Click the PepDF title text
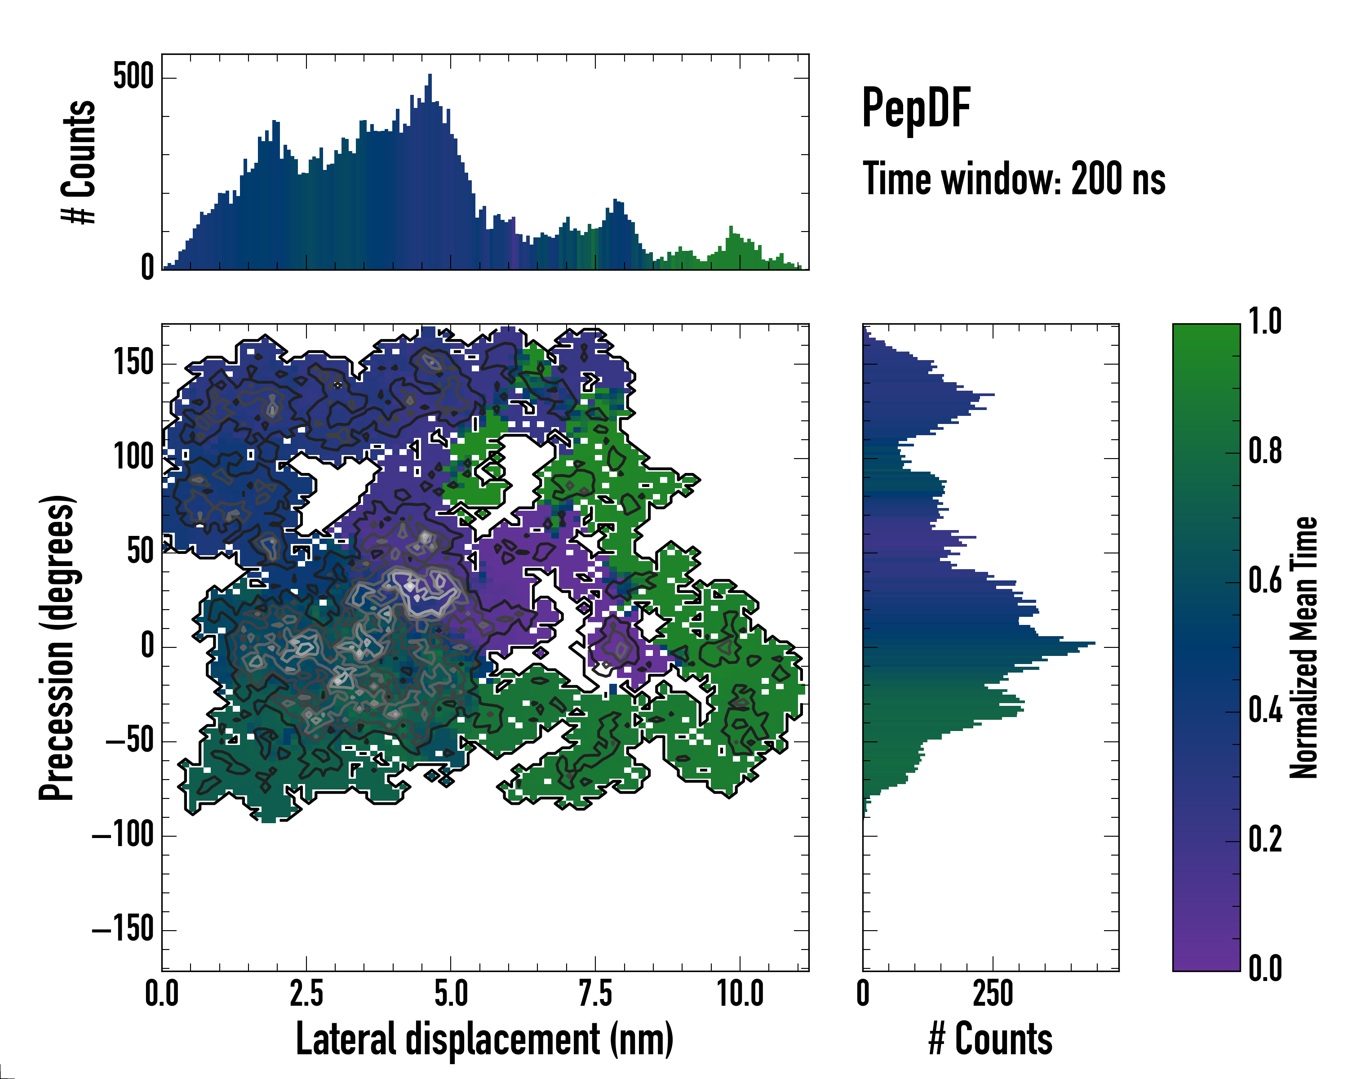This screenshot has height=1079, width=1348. (x=916, y=109)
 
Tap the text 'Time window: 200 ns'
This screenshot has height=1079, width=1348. (x=1014, y=179)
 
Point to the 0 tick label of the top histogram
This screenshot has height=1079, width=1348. (x=147, y=268)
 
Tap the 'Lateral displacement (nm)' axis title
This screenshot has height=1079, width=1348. (x=484, y=1039)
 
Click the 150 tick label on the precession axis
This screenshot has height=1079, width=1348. (x=133, y=363)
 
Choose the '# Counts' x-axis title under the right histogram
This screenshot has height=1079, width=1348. (x=990, y=1039)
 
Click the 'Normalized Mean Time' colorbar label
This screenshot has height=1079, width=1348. (x=1304, y=647)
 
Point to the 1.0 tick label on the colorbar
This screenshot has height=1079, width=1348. (x=1265, y=323)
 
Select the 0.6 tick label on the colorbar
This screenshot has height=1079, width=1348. (x=1265, y=582)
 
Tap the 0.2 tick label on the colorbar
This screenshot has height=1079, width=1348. (x=1265, y=840)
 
